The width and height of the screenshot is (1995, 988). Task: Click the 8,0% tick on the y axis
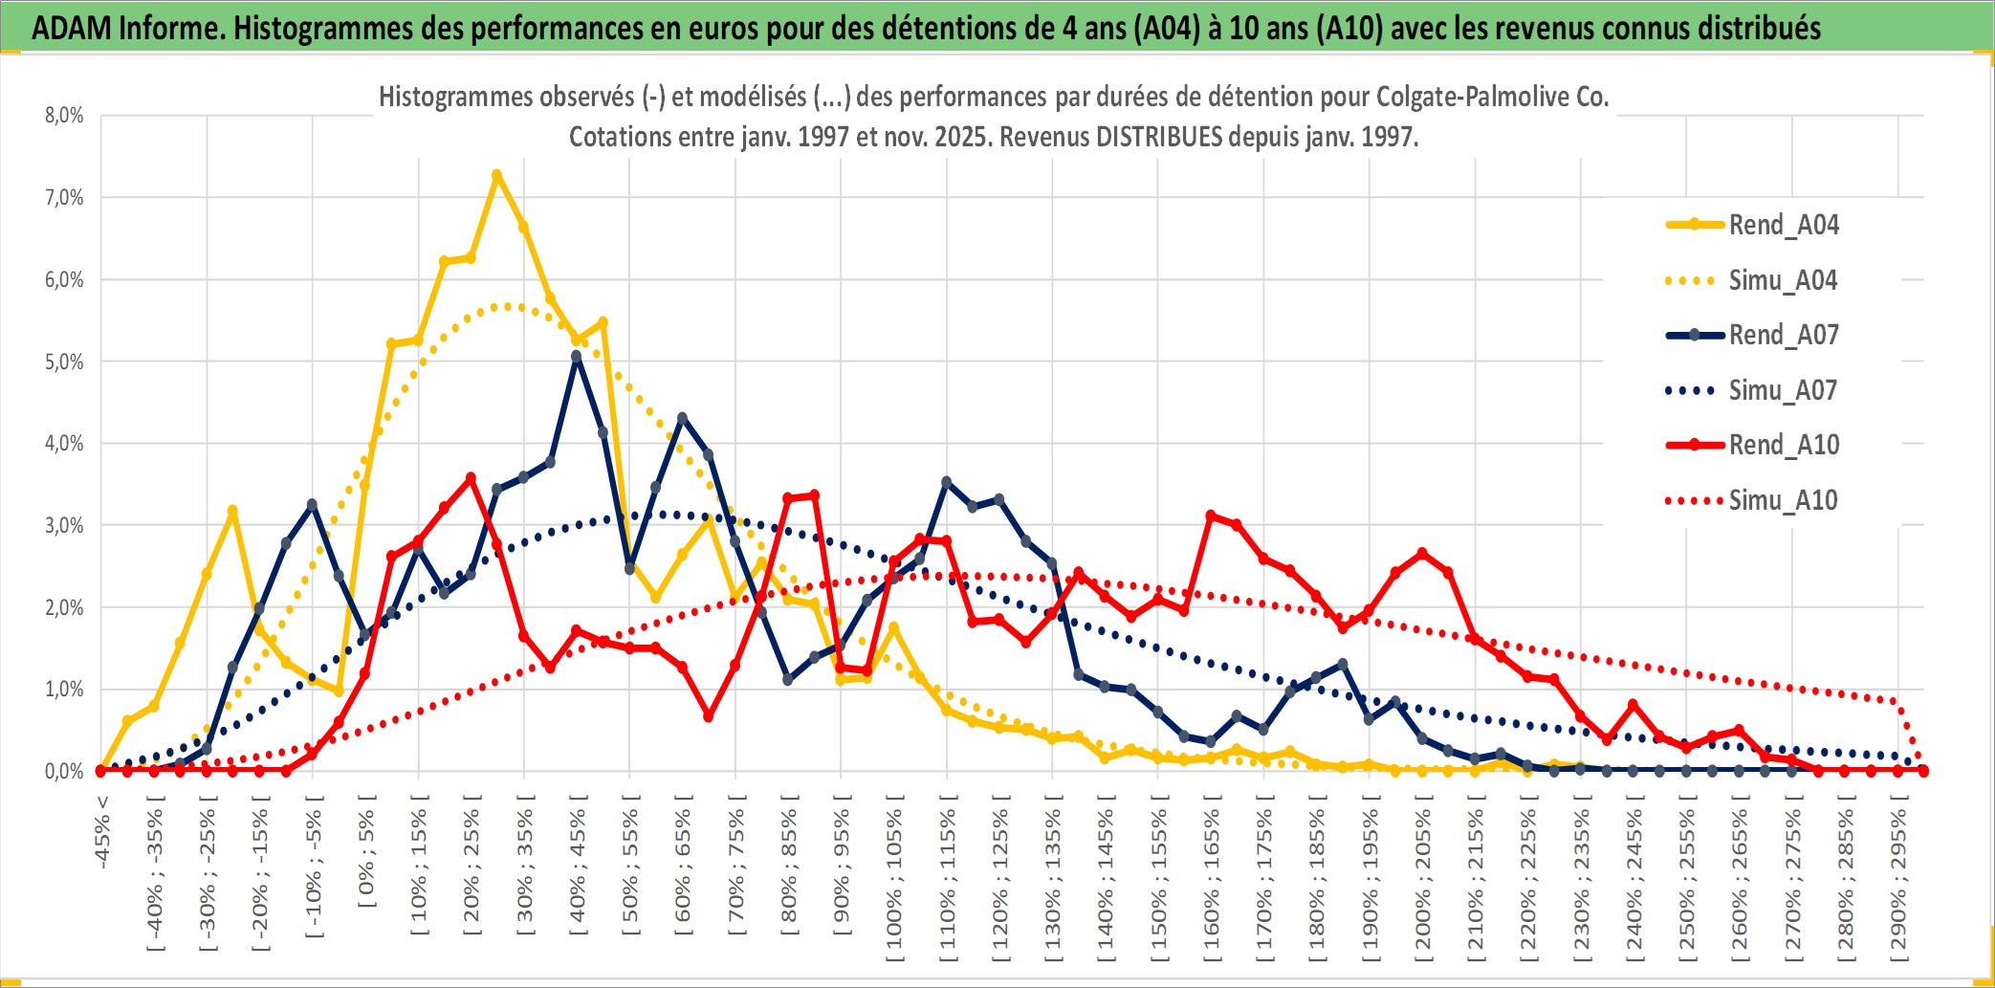coord(64,116)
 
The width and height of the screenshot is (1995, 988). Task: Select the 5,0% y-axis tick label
coord(64,362)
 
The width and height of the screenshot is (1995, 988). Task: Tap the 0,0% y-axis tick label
coord(64,771)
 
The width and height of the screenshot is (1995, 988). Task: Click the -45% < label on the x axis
coord(102,832)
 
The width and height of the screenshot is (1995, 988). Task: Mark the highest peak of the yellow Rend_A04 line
coord(496,175)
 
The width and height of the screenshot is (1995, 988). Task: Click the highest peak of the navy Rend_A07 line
coord(576,356)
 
